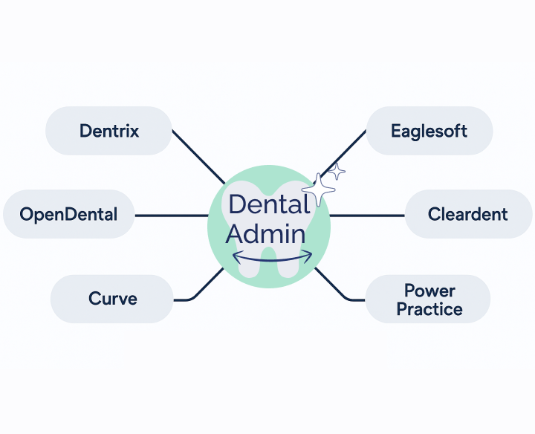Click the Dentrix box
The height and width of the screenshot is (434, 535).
(108, 132)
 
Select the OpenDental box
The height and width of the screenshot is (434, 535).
(68, 215)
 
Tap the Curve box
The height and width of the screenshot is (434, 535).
(111, 299)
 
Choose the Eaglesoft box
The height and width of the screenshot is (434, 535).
(429, 132)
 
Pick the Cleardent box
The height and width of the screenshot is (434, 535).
(467, 215)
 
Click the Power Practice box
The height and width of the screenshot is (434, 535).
(429, 299)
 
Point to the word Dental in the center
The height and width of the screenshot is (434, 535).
(269, 204)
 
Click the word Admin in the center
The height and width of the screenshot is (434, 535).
(266, 234)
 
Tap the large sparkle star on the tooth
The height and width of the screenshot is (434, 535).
(320, 190)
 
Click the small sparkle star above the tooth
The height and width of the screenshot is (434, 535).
(337, 172)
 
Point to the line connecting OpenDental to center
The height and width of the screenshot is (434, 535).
(171, 216)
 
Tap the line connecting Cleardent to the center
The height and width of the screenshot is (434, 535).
(368, 216)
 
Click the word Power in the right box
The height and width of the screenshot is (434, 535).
(429, 290)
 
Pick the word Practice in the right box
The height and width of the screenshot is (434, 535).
(429, 309)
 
